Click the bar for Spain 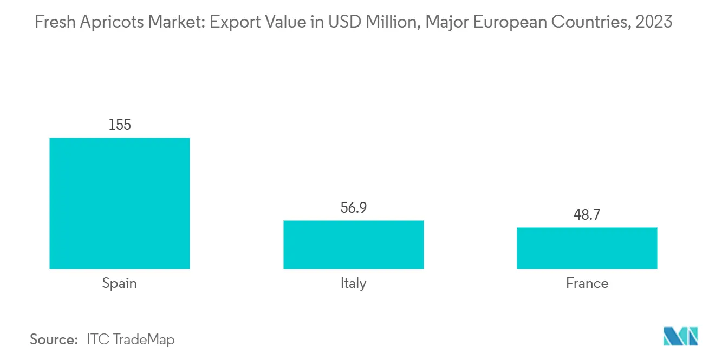[120, 203]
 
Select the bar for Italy [353, 244]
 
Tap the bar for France [587, 248]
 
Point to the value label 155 [120, 125]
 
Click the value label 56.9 [353, 208]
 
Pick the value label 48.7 [587, 215]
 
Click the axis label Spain [120, 283]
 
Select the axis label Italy [353, 283]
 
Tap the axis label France [587, 283]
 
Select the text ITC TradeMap [131, 339]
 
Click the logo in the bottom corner [681, 337]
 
